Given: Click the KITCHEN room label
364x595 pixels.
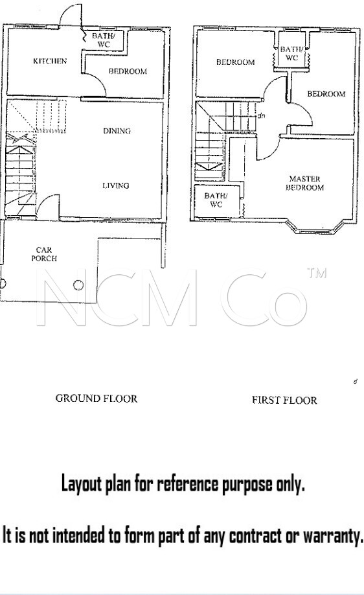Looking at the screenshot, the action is coord(50,61).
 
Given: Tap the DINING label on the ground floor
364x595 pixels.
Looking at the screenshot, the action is coord(117,131).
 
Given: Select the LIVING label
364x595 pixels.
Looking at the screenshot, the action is coord(116,185).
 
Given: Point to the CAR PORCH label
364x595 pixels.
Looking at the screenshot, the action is coord(44,254).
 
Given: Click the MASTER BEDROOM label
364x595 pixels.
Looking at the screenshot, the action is coord(305,183).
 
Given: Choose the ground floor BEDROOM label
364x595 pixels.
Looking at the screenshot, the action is coord(128,71).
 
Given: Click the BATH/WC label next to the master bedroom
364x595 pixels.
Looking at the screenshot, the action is coord(216,200).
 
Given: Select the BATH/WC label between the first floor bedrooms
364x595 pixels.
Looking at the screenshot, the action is coord(291,54).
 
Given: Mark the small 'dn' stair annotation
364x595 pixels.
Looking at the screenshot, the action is coord(261,115).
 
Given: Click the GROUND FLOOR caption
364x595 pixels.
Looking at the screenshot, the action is coord(97,399).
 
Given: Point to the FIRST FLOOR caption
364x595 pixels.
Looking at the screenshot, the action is coord(284,400).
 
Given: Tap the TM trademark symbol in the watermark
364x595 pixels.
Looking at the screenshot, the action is coord(317,273).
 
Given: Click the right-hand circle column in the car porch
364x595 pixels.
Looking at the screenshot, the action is coord(78,285).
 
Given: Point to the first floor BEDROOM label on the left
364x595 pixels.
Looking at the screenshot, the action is coord(236,62).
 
